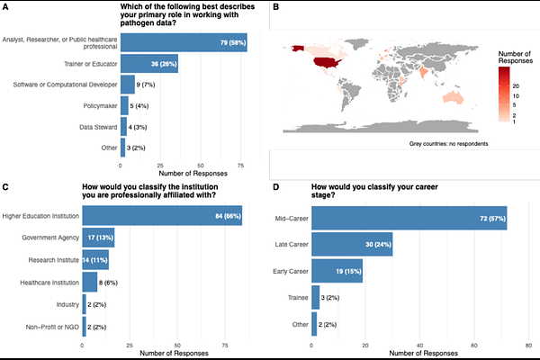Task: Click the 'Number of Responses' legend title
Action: pos(517,59)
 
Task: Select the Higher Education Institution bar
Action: pos(162,216)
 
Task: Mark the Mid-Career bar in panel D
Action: pos(409,219)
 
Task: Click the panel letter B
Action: pos(276,7)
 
